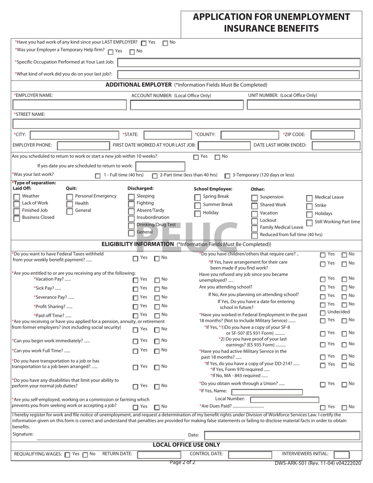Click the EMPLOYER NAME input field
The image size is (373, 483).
[69, 105]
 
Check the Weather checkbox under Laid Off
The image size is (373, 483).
[16, 197]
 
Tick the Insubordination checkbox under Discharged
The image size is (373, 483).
[131, 218]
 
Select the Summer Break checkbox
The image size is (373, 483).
[197, 205]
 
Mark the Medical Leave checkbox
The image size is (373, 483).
[309, 198]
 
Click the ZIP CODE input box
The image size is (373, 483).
[333, 135]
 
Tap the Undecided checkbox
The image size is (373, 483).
[322, 313]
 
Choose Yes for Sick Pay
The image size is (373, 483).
[135, 289]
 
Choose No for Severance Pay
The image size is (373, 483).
[157, 298]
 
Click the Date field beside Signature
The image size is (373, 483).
[282, 435]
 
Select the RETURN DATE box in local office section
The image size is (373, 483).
[159, 455]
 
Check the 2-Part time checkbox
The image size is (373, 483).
[155, 176]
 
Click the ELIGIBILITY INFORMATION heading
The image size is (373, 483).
[137, 244]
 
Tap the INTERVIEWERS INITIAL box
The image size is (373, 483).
[341, 455]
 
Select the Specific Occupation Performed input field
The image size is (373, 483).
[238, 62]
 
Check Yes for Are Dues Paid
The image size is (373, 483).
[323, 408]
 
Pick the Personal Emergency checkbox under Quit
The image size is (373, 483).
[69, 197]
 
